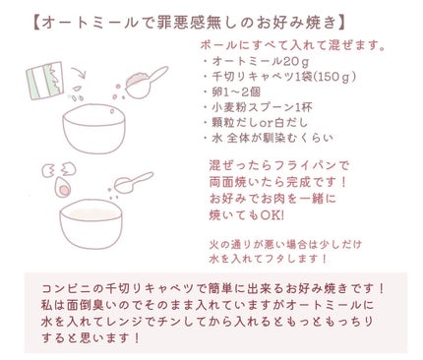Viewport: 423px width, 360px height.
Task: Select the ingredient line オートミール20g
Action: click(246, 61)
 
